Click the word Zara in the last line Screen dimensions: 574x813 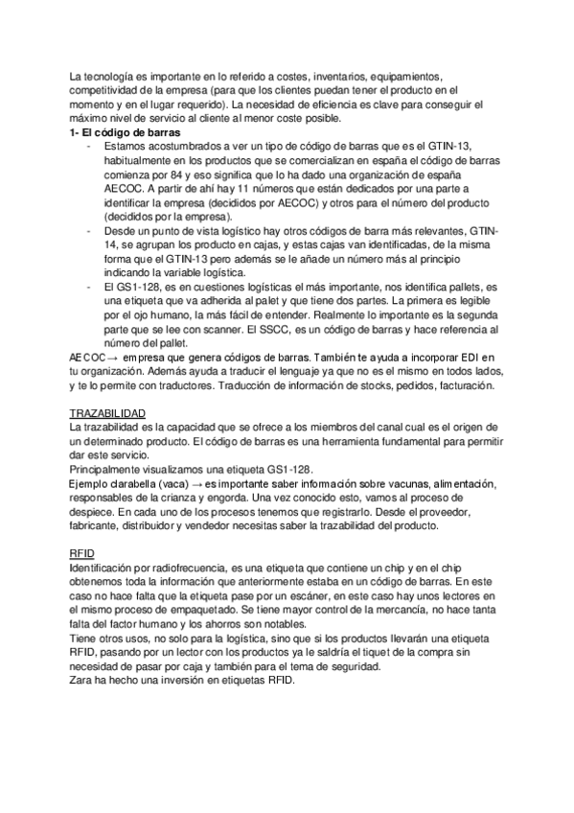(x=83, y=680)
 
